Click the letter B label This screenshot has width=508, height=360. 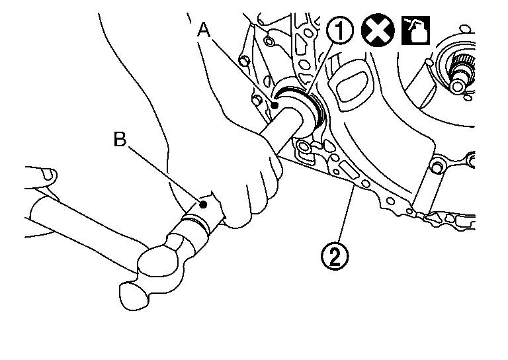tap(120, 140)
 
